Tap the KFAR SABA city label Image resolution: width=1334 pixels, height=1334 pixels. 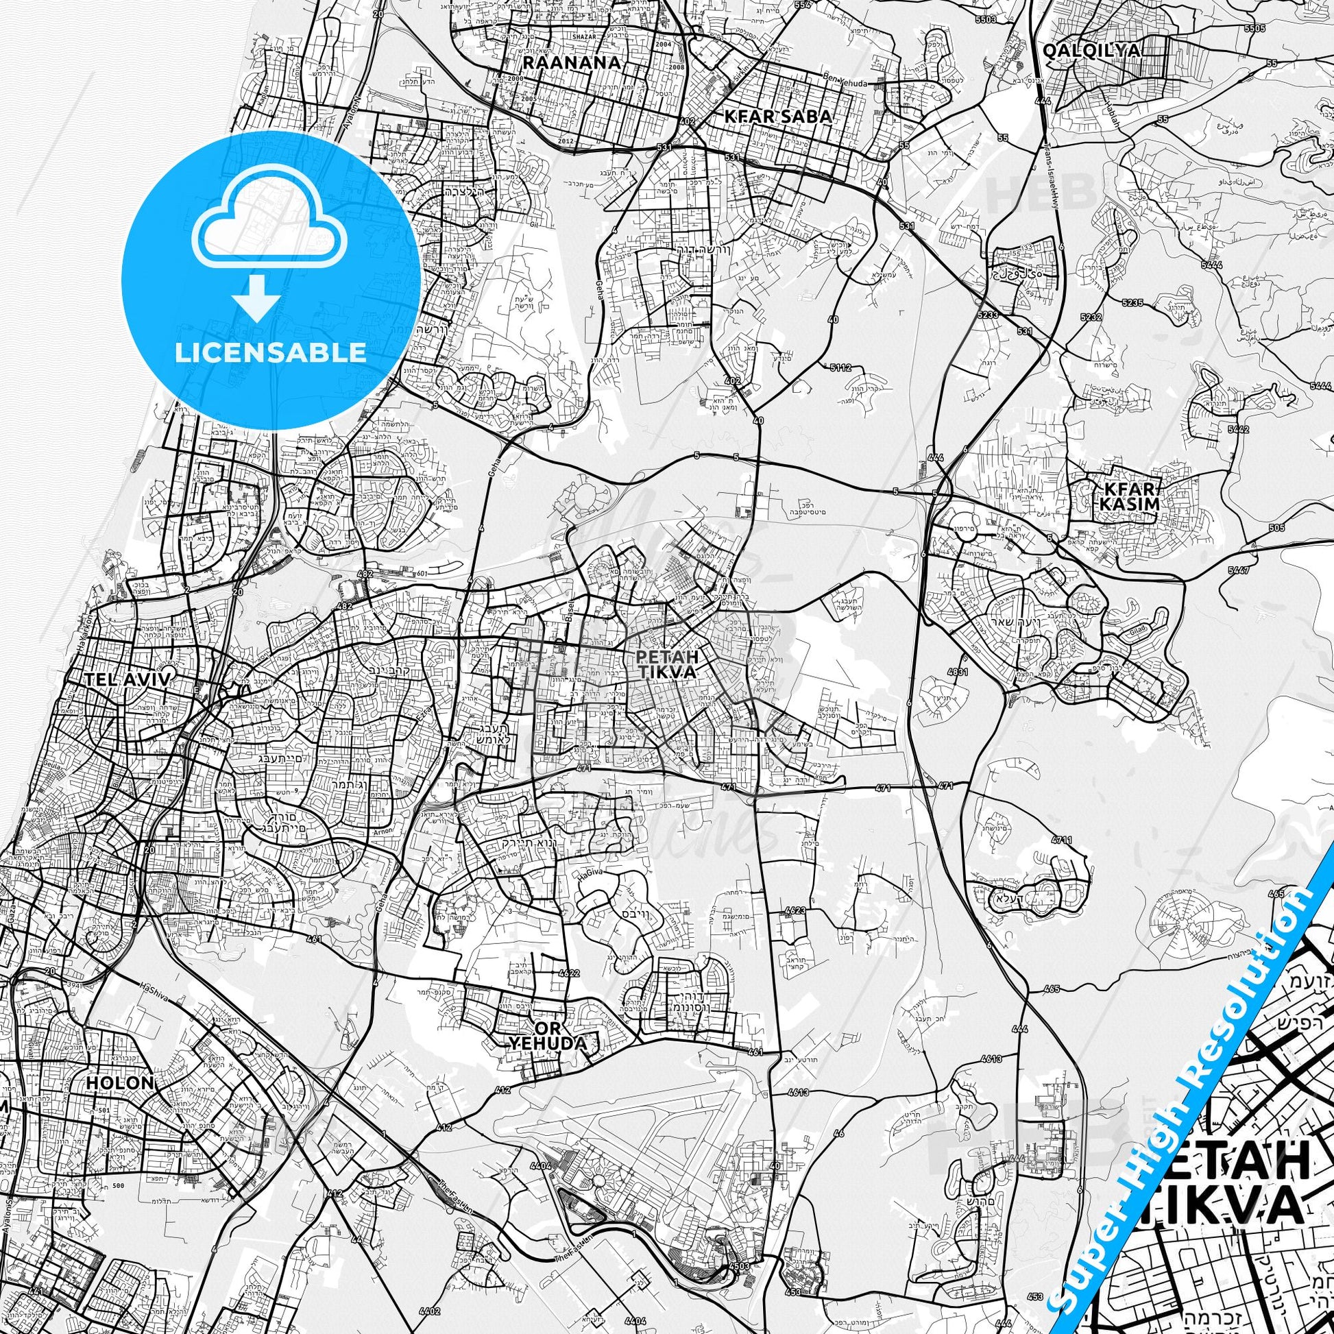pyautogui.click(x=778, y=117)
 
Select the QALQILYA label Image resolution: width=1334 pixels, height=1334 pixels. pyautogui.click(x=1091, y=50)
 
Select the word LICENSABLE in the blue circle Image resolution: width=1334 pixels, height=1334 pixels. pyautogui.click(x=270, y=352)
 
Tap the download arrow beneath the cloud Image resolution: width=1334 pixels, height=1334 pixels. pyautogui.click(x=257, y=298)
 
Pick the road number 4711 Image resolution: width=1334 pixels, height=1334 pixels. pyautogui.click(x=1061, y=840)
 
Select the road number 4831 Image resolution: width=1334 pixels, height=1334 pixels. pyautogui.click(x=977, y=671)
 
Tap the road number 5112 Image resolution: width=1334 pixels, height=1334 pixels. pyautogui.click(x=840, y=368)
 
